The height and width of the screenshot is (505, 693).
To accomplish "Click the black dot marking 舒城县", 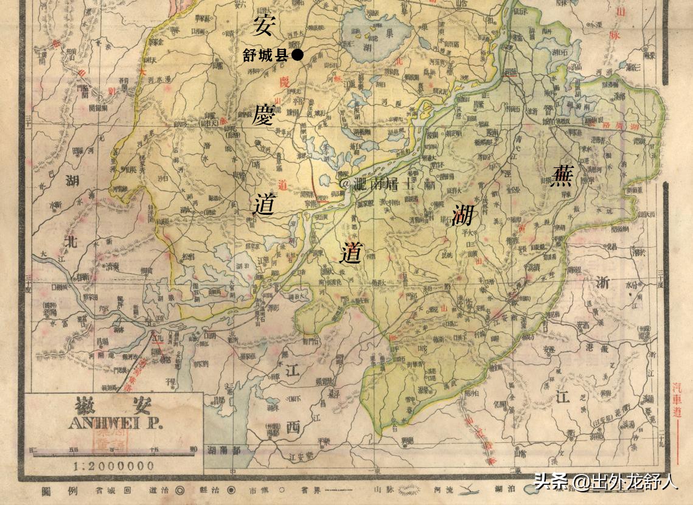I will pos(297,56).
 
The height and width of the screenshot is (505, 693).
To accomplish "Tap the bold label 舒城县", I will pos(265,56).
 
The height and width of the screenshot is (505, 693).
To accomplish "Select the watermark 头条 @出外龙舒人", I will pos(605,482).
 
